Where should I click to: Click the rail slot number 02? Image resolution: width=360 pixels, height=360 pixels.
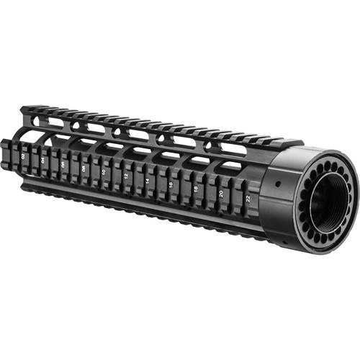[x=24, y=155]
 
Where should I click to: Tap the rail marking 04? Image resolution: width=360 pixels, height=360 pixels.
[x=43, y=160]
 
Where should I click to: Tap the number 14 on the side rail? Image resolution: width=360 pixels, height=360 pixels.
[x=148, y=182]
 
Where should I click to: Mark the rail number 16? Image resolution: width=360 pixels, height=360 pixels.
[x=171, y=186]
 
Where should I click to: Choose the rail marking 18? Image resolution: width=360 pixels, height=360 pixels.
[x=196, y=189]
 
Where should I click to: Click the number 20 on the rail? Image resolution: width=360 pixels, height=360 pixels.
[x=221, y=193]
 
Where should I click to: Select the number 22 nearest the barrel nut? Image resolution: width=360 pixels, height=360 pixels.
[x=248, y=197]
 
